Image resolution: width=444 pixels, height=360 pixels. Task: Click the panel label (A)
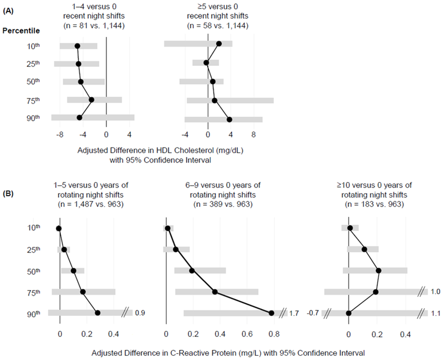[x=10, y=12]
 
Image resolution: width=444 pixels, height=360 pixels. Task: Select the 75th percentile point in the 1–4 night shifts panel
[x=91, y=100]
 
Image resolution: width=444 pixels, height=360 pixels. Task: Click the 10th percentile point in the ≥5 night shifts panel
[x=219, y=44]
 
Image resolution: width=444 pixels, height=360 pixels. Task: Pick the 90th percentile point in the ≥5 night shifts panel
[x=229, y=120]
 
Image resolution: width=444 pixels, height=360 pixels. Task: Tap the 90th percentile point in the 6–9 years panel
[x=271, y=313]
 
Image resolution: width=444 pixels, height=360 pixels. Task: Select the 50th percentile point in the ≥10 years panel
[x=378, y=270]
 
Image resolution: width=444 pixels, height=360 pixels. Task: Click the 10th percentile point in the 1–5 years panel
[x=59, y=229]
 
